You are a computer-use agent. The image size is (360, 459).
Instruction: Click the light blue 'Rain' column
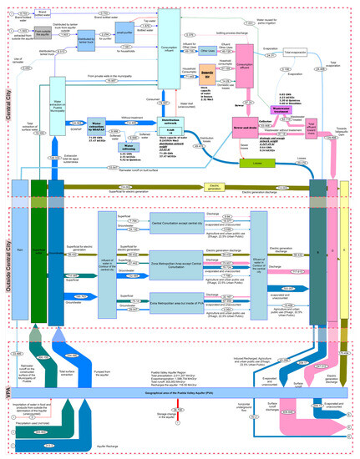[19, 247]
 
